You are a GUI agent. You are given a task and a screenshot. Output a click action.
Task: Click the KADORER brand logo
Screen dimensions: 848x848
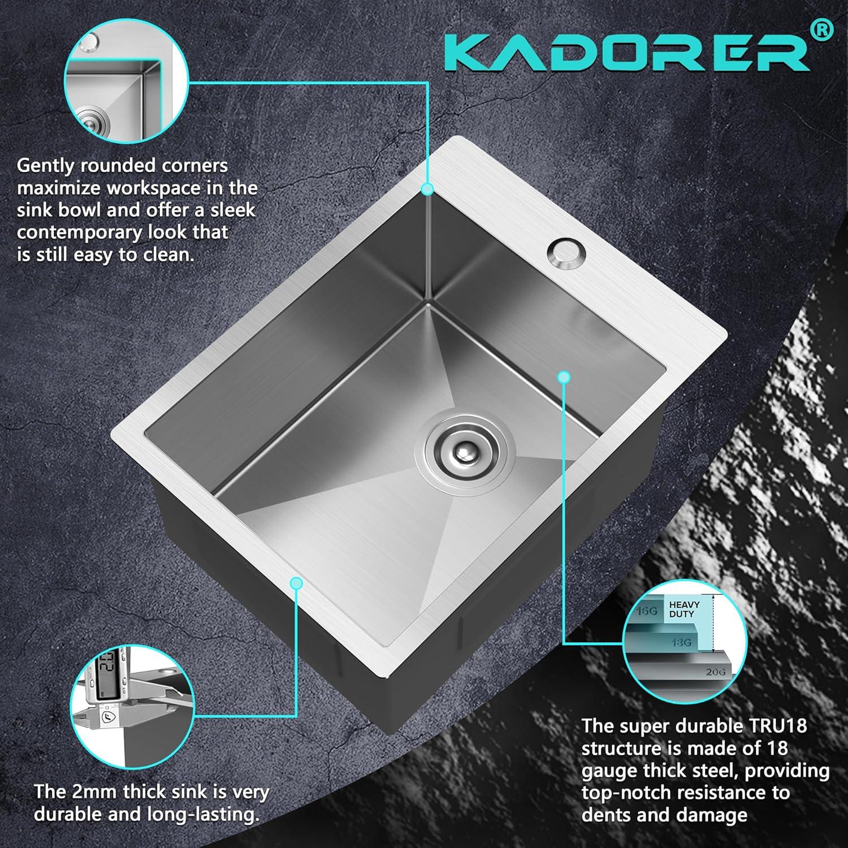628,52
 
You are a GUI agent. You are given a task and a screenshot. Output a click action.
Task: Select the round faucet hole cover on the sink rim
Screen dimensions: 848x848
563,252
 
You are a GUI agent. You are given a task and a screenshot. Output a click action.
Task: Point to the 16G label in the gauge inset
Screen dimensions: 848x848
646,612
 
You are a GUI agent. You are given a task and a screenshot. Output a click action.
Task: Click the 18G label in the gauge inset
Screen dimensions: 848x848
681,643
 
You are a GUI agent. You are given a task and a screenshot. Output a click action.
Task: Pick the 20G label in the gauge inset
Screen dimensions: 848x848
715,672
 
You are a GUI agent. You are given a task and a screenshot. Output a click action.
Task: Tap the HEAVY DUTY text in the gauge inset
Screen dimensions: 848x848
684,609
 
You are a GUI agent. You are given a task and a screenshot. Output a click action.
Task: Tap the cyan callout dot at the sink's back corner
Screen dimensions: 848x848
427,189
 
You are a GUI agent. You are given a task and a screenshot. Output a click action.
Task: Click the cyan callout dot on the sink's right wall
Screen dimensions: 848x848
563,377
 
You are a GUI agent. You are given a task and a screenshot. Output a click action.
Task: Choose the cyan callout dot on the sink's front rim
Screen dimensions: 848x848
296,583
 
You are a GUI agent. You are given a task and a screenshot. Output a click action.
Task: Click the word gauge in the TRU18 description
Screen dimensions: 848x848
609,772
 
